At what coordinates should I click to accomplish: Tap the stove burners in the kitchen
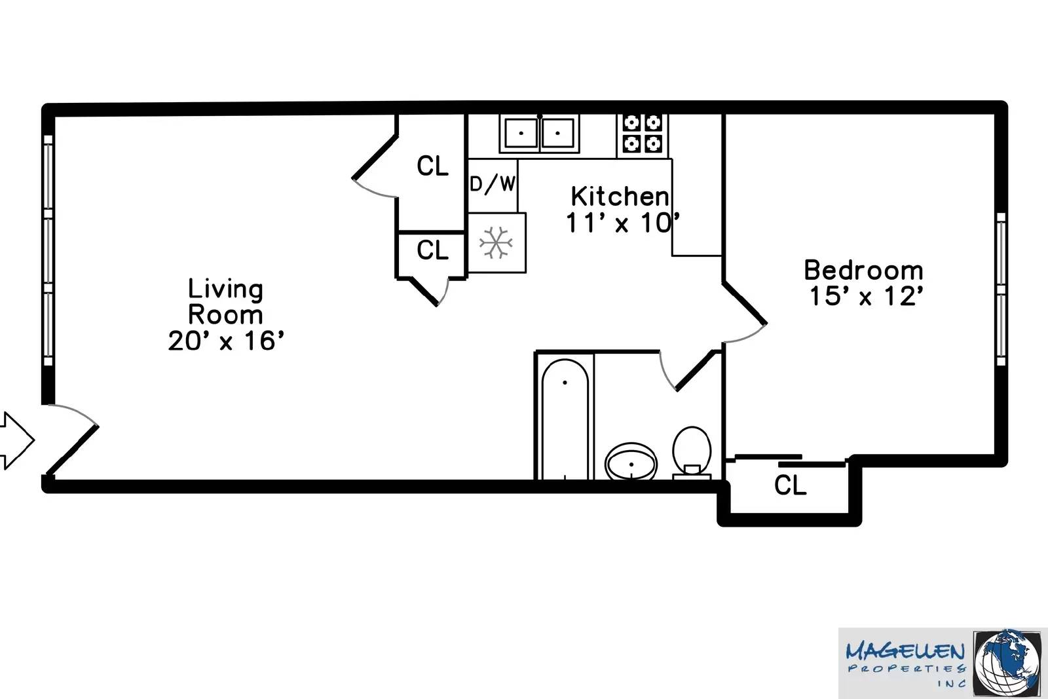[642, 133]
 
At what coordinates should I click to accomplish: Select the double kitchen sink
[539, 133]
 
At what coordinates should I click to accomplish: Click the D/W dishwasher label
[493, 184]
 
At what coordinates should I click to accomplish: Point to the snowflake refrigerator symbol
[496, 243]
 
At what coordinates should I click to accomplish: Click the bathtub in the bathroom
[565, 419]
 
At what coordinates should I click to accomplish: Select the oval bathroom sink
[631, 462]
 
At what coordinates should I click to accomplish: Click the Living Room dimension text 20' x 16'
[226, 341]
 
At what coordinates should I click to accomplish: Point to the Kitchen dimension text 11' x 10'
[622, 223]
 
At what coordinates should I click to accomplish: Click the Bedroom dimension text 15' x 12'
[866, 297]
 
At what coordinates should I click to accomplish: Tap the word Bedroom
[863, 270]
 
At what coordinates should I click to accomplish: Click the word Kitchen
[620, 196]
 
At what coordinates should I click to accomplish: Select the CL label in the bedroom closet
[790, 485]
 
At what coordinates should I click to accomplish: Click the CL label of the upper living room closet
[432, 166]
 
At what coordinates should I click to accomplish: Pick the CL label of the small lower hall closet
[432, 250]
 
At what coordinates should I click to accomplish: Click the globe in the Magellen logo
[1007, 663]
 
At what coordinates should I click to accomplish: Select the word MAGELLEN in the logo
[905, 652]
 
